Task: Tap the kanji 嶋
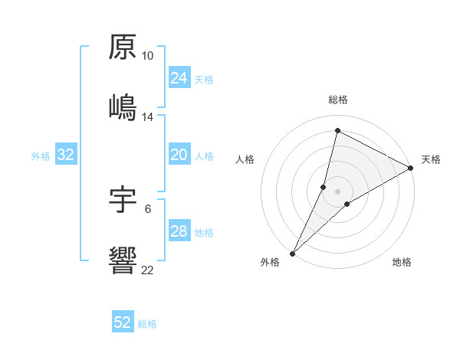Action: coord(123,106)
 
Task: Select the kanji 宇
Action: coord(123,198)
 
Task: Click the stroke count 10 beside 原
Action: coord(148,56)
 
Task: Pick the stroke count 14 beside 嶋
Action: coord(148,117)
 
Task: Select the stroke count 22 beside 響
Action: coord(148,270)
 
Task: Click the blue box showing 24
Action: coord(179,78)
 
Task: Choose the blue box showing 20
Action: coord(179,155)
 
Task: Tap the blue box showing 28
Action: coord(179,231)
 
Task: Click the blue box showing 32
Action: coord(66,155)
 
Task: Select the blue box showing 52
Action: coord(123,322)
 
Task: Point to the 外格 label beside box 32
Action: coord(41,156)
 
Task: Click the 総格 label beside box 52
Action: coord(147,324)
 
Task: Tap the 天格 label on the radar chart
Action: coord(431,160)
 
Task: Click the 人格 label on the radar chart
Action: coord(245,160)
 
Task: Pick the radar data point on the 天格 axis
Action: coord(411,168)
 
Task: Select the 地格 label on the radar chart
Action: coord(402,263)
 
